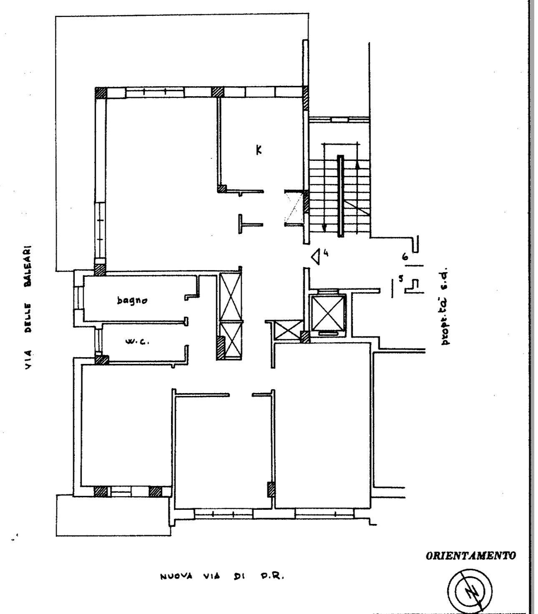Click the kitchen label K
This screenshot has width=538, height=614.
(259, 150)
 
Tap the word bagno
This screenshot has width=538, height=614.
(132, 300)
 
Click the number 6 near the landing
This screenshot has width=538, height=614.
(406, 256)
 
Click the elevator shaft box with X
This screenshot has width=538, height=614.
(327, 312)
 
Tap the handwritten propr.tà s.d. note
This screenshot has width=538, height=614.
(445, 306)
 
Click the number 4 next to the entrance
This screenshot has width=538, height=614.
(325, 253)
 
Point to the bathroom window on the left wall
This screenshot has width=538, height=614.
(79, 298)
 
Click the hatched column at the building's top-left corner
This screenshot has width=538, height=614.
(101, 93)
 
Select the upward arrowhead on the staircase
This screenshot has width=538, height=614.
(357, 165)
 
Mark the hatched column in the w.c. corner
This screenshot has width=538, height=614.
(102, 359)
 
